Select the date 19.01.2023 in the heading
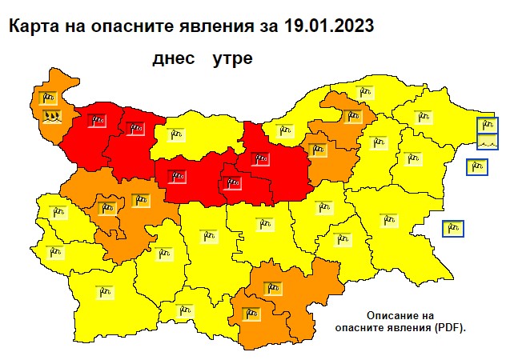click(x=328, y=26)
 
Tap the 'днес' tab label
click(x=172, y=59)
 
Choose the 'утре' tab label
click(x=233, y=59)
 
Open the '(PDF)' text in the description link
click(x=446, y=328)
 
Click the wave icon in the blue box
click(x=488, y=142)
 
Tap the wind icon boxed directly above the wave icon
click(x=488, y=126)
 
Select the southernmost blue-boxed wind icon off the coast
click(x=452, y=228)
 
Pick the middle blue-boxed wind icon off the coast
click(x=477, y=167)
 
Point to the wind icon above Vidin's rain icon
click(x=47, y=98)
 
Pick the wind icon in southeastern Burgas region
click(x=389, y=218)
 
